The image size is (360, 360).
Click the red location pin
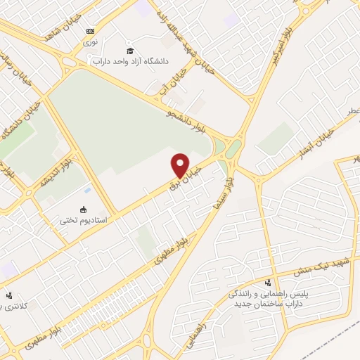click(x=180, y=165)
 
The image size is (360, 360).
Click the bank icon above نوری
click(x=90, y=31)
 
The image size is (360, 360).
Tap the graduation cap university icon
click(x=130, y=50)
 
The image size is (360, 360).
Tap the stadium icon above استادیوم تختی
click(x=83, y=209)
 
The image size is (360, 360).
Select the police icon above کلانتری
click(x=8, y=296)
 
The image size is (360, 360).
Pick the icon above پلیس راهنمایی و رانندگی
click(x=266, y=282)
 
